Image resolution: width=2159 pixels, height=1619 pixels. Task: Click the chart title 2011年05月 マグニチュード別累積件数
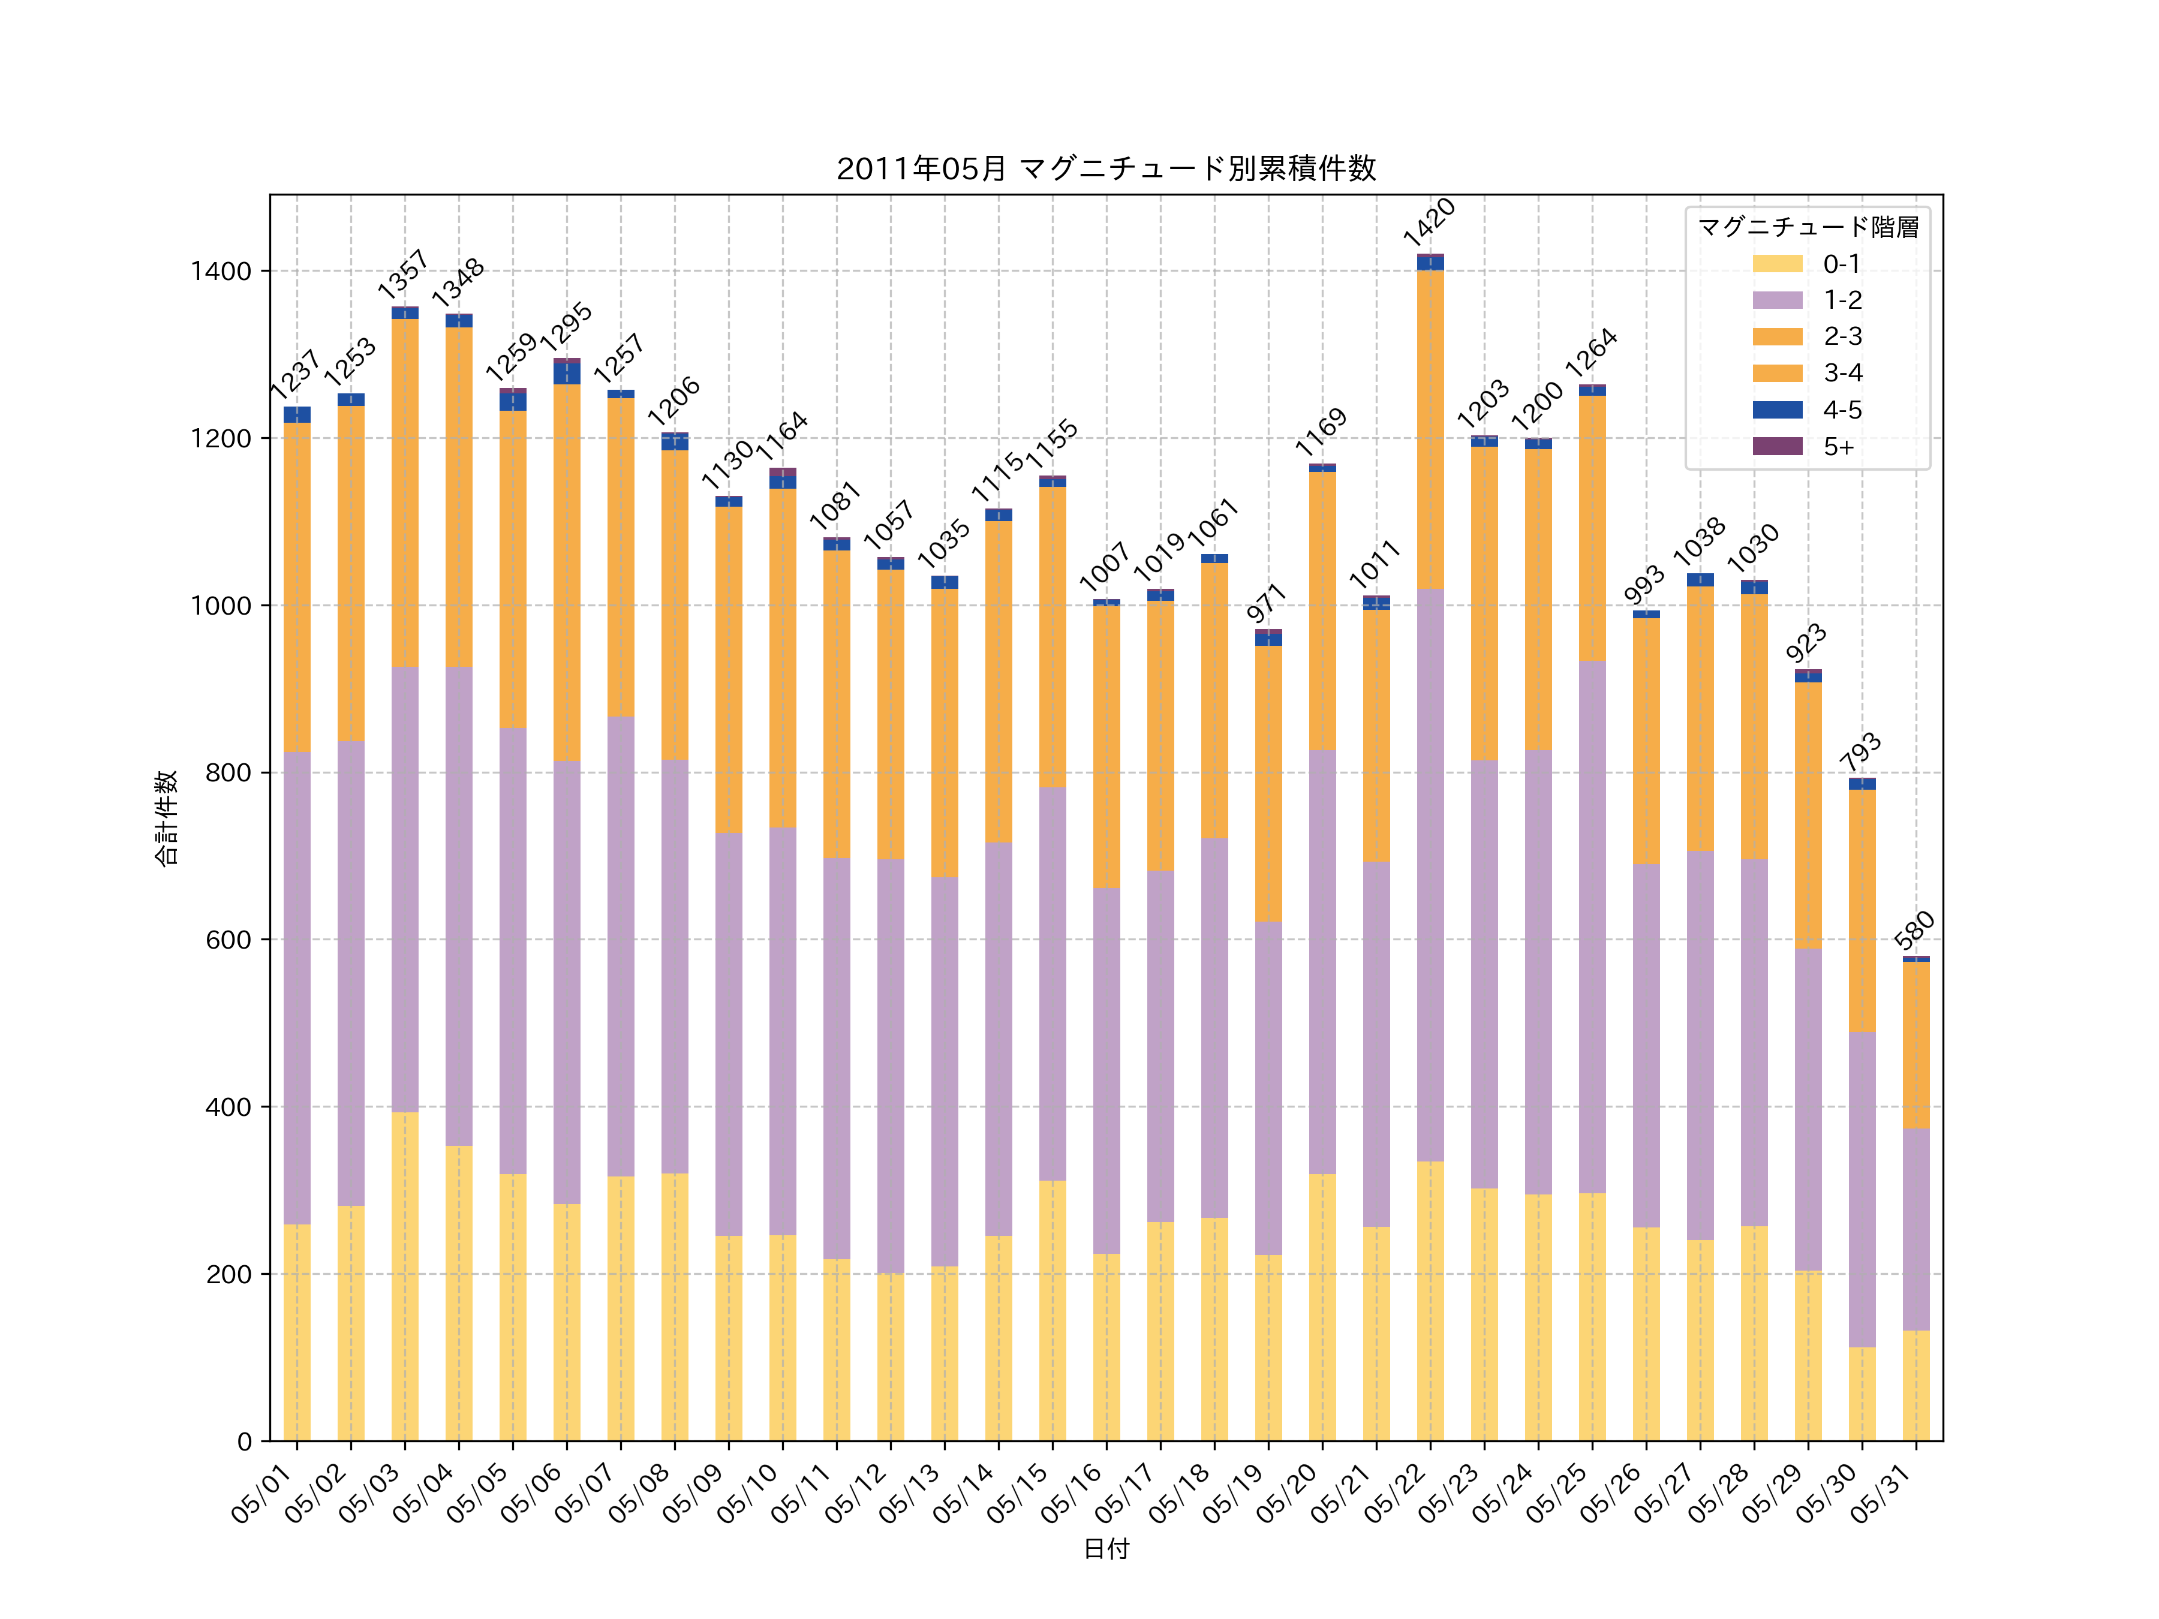(x=1106, y=169)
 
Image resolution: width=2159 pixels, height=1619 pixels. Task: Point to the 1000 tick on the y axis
(x=221, y=605)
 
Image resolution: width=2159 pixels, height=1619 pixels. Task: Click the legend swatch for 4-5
(x=1778, y=410)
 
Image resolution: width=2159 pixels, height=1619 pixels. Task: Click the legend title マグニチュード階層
(x=1808, y=227)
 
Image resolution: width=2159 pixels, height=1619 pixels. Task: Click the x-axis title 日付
(x=1106, y=1549)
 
